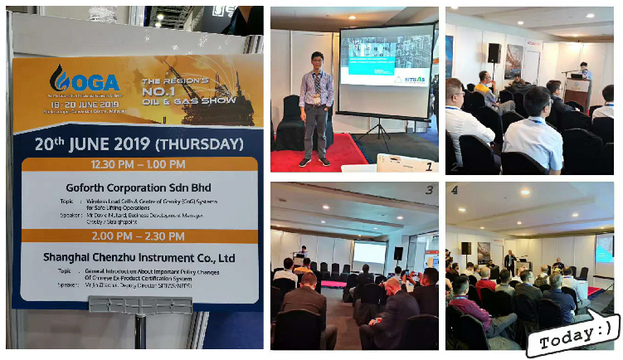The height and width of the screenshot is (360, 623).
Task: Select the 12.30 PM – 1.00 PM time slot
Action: (139, 165)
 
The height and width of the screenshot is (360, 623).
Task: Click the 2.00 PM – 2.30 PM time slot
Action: (138, 236)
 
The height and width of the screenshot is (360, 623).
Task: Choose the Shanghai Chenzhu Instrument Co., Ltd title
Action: (139, 257)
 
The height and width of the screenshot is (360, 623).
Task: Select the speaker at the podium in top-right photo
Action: (586, 72)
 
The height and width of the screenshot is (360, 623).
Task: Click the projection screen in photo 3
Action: (369, 252)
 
